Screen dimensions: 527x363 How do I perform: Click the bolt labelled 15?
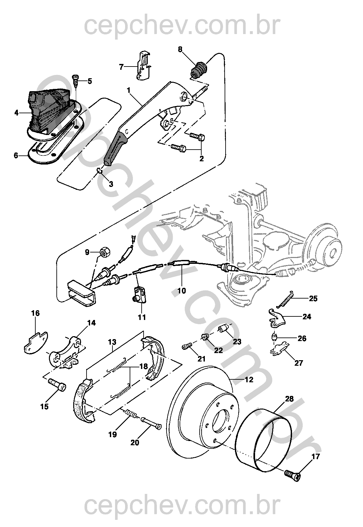57,386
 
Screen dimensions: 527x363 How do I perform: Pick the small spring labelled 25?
285,299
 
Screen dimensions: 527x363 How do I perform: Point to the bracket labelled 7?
143,66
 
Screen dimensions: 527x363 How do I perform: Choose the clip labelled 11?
140,294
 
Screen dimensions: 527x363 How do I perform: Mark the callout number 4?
17,113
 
